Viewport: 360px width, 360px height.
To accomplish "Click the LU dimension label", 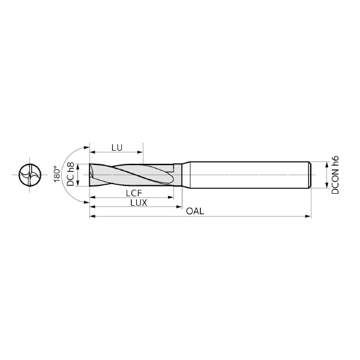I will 117,147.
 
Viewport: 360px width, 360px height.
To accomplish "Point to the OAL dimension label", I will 194,212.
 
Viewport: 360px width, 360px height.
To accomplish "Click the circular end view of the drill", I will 28,176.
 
